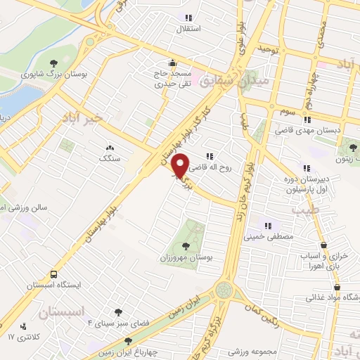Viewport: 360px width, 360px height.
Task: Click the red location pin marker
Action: click(x=181, y=165)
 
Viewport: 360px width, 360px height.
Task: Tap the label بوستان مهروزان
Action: click(x=185, y=258)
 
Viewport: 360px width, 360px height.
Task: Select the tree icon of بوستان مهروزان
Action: click(x=186, y=246)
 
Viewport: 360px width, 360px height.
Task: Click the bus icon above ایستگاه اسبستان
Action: click(x=54, y=274)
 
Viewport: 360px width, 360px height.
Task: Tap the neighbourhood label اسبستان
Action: click(x=61, y=311)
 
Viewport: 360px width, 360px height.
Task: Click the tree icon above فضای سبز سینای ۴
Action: click(x=117, y=311)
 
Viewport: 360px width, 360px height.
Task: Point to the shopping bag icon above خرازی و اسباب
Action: click(x=323, y=245)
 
